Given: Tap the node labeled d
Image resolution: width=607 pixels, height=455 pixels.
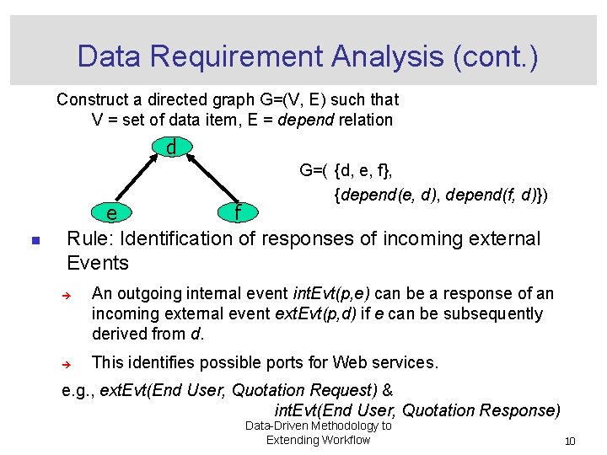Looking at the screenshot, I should point(171,147).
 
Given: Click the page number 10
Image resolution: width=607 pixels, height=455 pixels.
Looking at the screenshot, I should point(570,442).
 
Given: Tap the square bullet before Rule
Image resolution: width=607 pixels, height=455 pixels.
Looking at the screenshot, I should point(35,241).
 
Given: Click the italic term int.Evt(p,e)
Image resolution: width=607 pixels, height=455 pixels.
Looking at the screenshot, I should point(330,293).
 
